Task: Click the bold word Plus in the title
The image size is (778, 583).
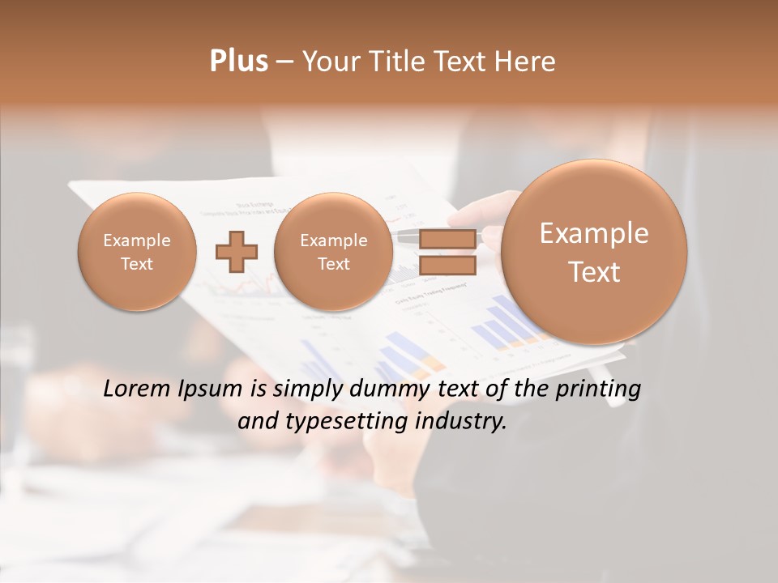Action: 238,62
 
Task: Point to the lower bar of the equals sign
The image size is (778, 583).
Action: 447,266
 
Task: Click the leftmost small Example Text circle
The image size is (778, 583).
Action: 137,252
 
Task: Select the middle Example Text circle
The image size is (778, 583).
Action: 334,252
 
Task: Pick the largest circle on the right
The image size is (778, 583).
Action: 594,252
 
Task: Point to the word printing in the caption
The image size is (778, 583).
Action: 599,390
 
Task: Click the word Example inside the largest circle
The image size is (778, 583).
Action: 594,233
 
